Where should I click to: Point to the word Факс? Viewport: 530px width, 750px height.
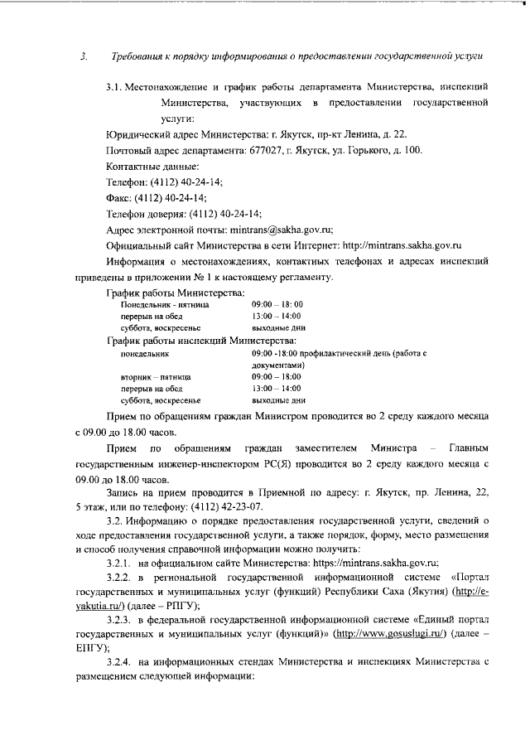123,197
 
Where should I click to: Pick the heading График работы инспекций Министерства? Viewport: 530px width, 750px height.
202,340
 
